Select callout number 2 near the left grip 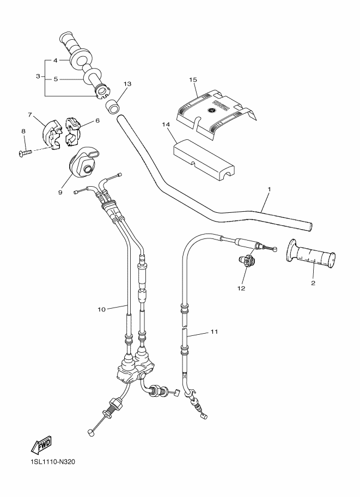[x=314, y=283]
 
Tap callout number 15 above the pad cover [x=193, y=79]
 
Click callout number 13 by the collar [x=127, y=84]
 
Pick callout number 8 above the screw [x=23, y=131]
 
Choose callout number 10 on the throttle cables [x=101, y=309]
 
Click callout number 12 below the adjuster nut [x=241, y=288]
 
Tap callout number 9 [x=60, y=192]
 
